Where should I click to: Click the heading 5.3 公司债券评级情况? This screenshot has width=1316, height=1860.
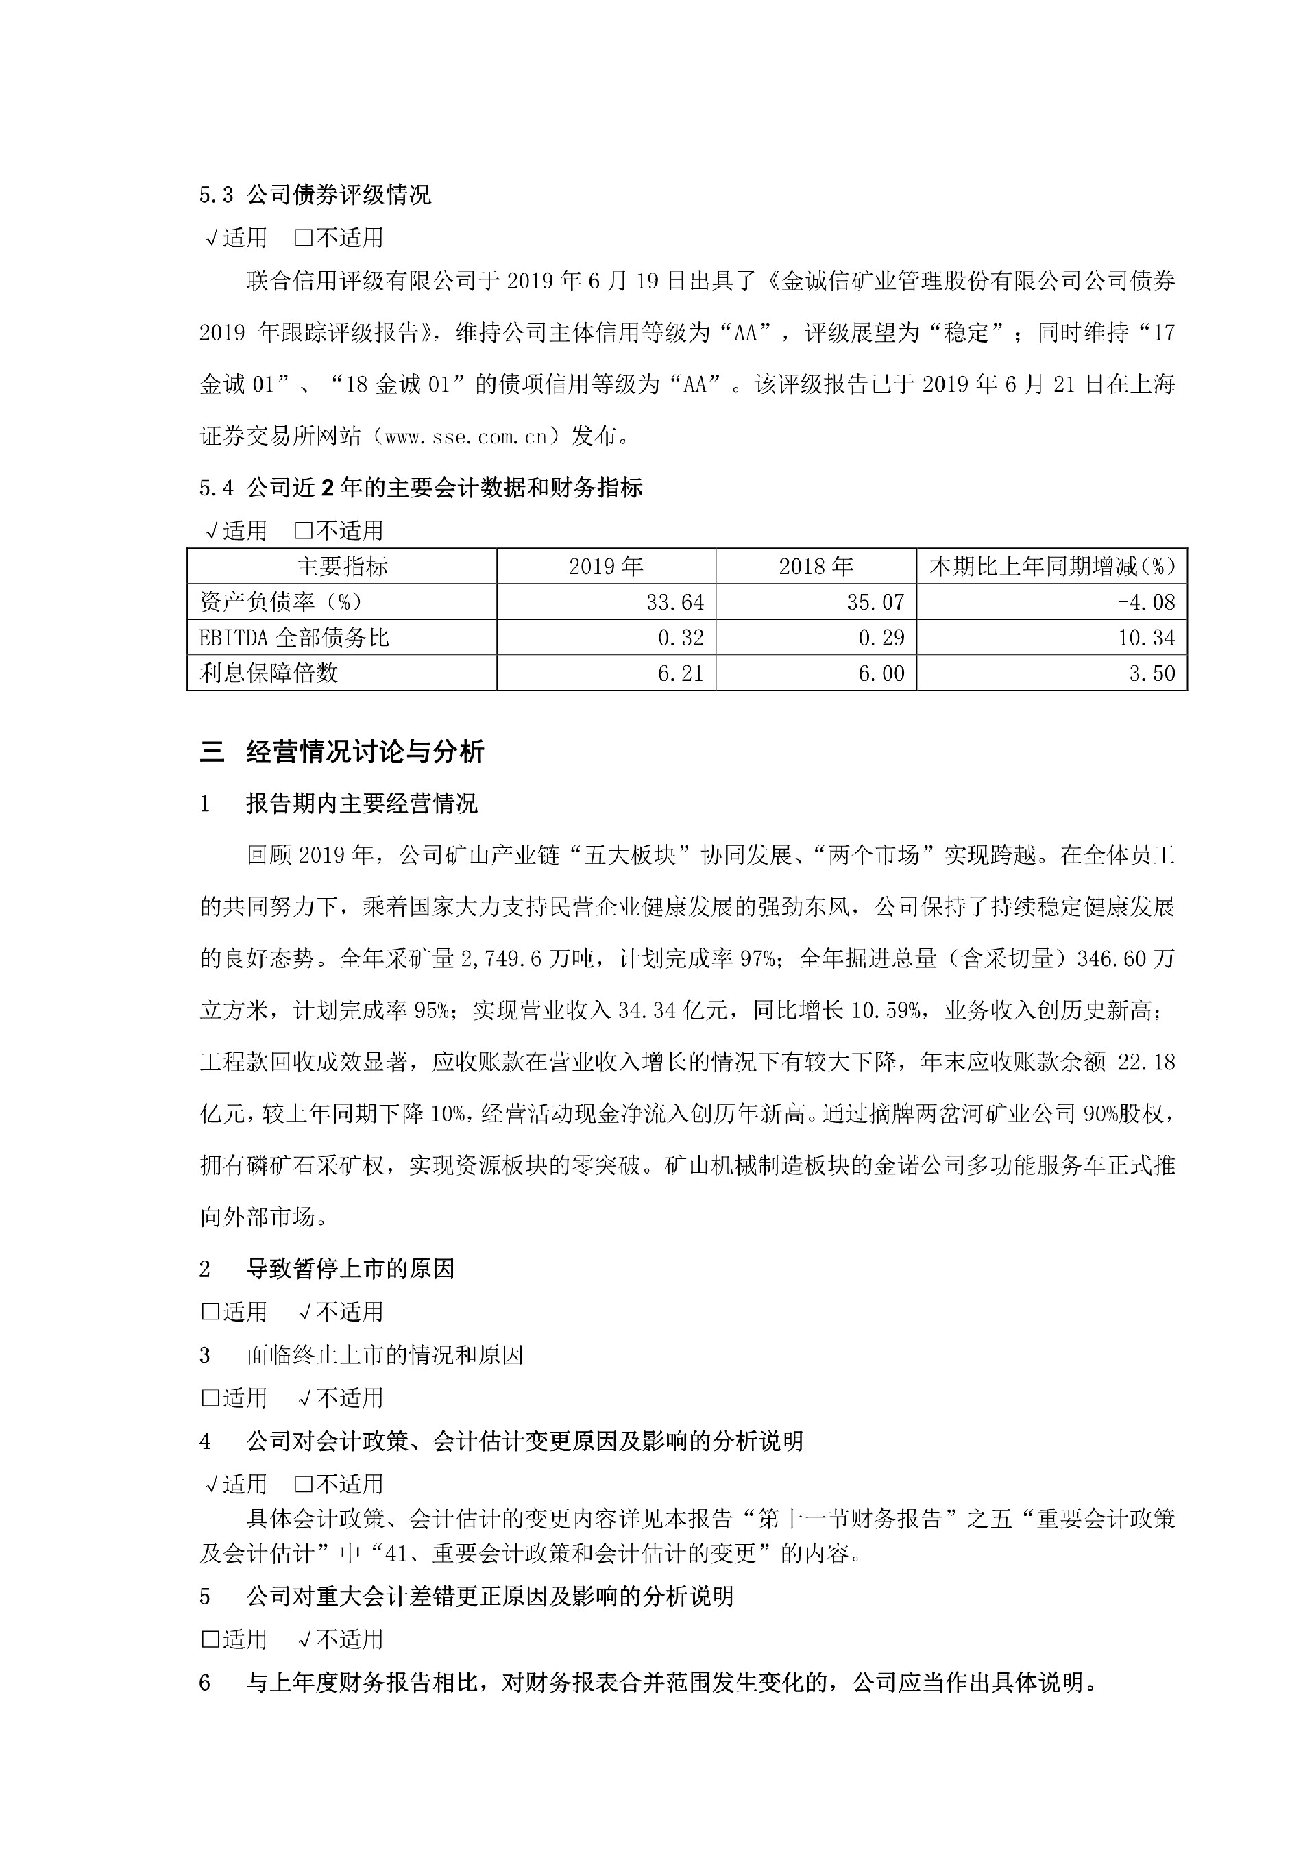315,195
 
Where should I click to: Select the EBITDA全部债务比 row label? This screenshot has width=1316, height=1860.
294,638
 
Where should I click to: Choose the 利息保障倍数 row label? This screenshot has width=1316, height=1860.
268,673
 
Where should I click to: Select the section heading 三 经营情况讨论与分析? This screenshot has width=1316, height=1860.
342,753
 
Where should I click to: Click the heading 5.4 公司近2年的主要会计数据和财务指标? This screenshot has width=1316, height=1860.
421,488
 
